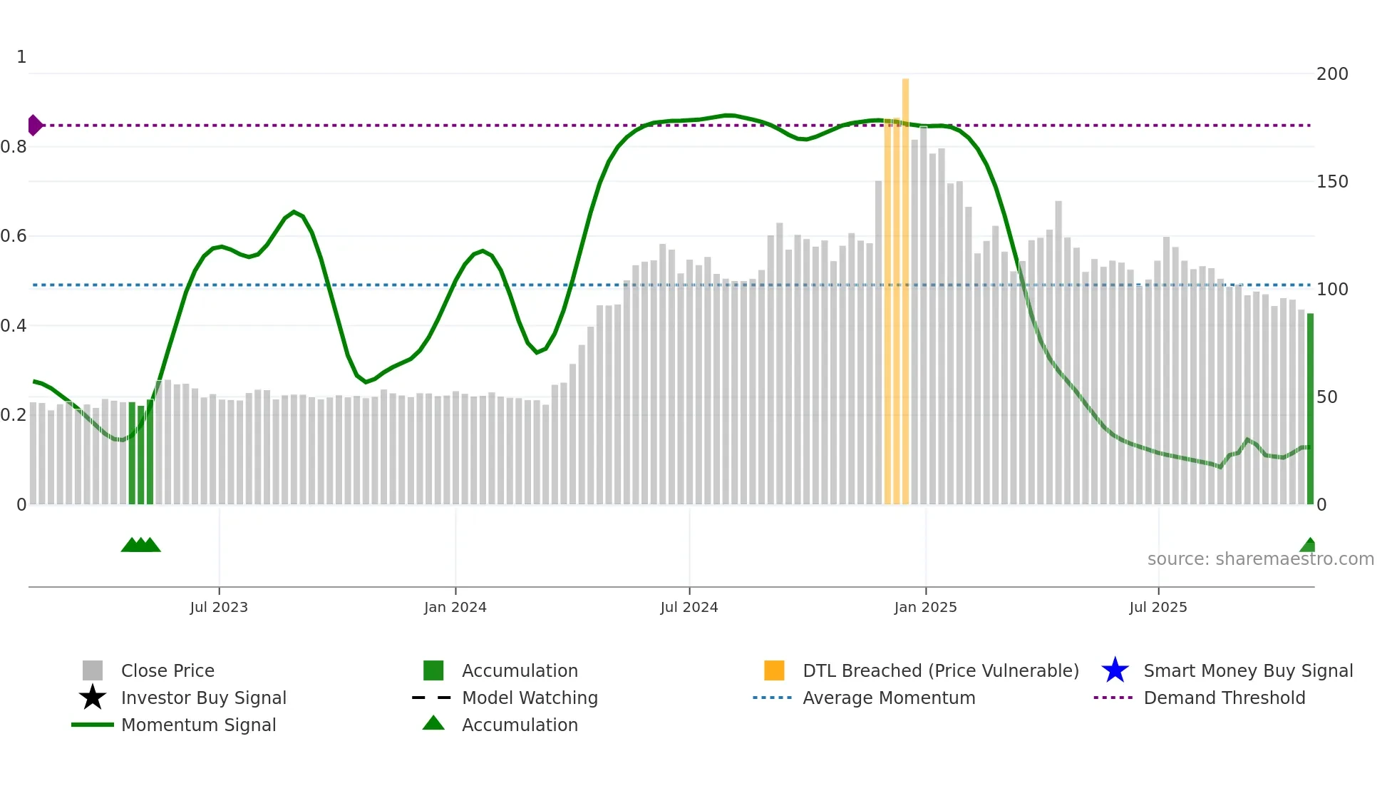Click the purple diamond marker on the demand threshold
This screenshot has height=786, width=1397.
(x=35, y=126)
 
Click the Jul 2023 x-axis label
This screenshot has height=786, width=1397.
(x=219, y=608)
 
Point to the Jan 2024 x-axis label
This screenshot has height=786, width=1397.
(x=455, y=608)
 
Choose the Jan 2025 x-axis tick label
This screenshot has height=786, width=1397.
(x=925, y=608)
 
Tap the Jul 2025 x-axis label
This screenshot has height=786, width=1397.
(x=1158, y=608)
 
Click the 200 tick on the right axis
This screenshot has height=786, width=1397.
(x=1332, y=74)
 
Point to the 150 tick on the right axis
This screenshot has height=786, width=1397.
(x=1332, y=182)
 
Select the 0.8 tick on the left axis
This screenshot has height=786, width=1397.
(x=14, y=147)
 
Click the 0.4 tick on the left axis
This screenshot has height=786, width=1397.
(x=14, y=326)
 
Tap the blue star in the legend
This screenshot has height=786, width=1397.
(x=1115, y=670)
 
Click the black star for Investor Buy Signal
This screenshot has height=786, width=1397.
(x=93, y=698)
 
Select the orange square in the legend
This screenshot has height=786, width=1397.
(x=774, y=670)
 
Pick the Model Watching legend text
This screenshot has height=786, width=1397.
(x=530, y=698)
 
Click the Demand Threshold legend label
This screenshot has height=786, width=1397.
(x=1224, y=698)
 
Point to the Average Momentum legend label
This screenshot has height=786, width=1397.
(x=889, y=698)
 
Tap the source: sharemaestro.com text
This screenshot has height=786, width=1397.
(x=1260, y=559)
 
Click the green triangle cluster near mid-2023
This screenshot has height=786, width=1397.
(x=141, y=546)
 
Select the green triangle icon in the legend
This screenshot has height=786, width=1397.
(x=433, y=723)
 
